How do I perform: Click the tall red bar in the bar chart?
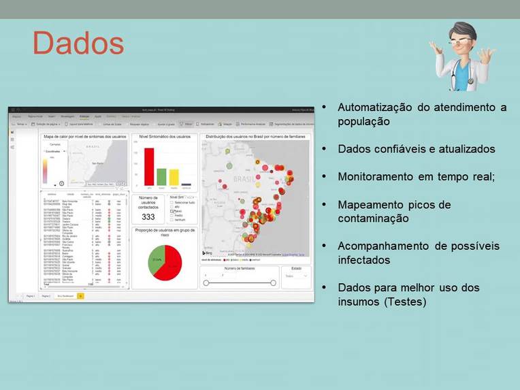(x=149, y=167)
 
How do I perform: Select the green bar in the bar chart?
(x=161, y=176)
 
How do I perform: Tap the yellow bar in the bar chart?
(x=174, y=177)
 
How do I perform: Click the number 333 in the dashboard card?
(x=148, y=216)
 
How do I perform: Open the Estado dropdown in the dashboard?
(x=296, y=276)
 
